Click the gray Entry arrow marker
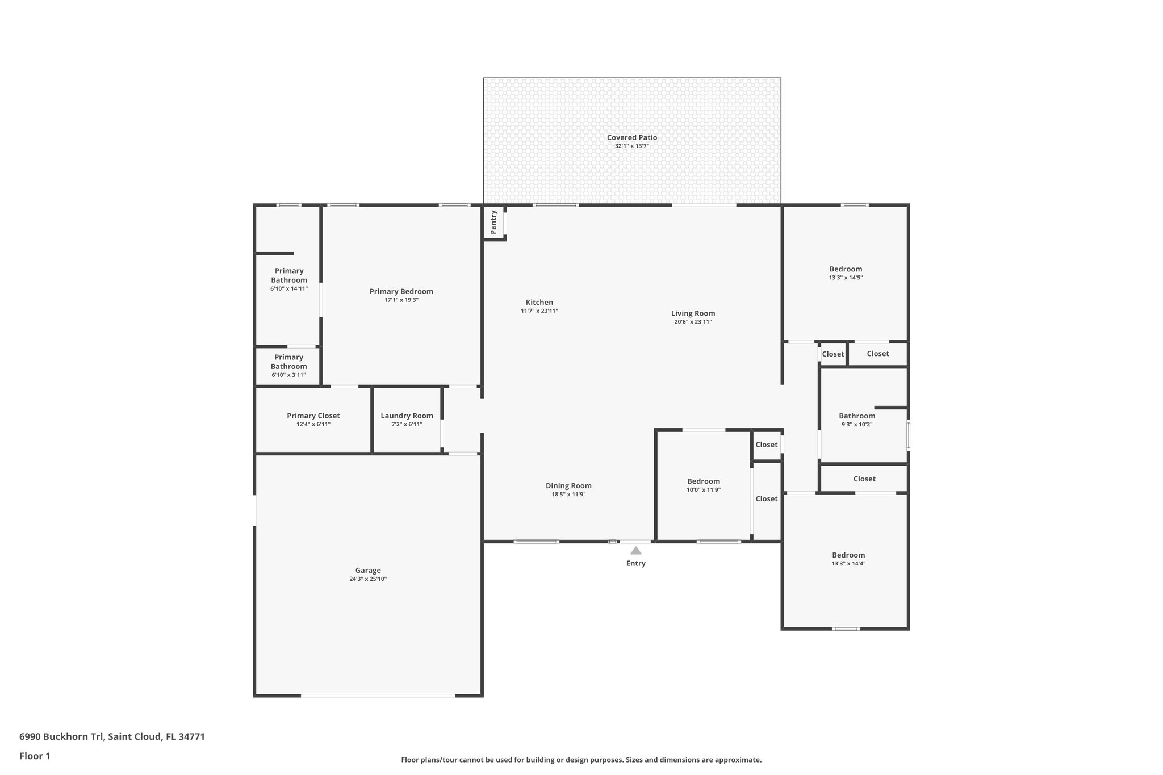[635, 550]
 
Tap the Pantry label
[493, 222]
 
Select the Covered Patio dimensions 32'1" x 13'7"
[631, 146]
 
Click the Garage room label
[368, 570]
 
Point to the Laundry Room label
[407, 416]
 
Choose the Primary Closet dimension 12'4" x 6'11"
[313, 424]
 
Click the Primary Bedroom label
[401, 291]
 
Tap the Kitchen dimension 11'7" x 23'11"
[539, 311]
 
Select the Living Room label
[693, 313]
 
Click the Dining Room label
[568, 485]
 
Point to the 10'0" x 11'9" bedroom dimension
[703, 490]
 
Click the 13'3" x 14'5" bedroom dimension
[846, 278]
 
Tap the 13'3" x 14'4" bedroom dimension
[848, 564]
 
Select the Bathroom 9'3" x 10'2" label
[856, 416]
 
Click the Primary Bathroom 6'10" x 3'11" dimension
[288, 375]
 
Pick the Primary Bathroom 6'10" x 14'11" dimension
[288, 289]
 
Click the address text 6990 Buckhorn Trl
[62, 736]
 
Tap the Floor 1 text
[35, 756]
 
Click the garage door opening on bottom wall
[378, 696]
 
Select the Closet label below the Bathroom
[864, 479]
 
